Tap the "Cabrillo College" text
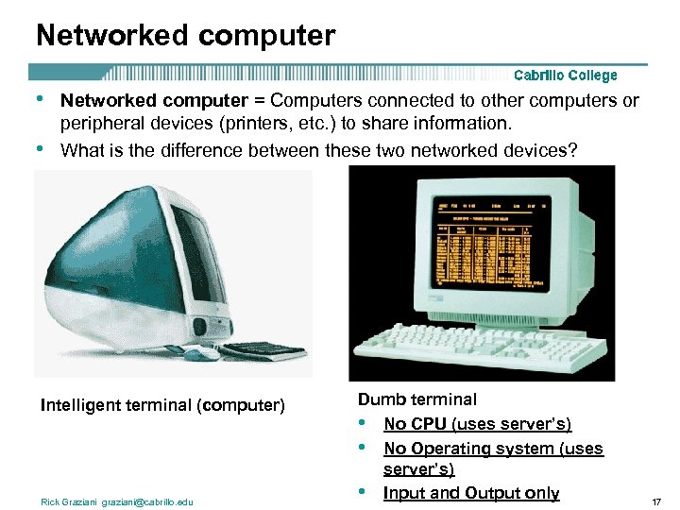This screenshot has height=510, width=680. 565,76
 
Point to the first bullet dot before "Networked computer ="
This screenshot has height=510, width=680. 39,98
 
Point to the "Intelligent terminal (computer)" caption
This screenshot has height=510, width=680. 162,405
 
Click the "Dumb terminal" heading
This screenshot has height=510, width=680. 416,399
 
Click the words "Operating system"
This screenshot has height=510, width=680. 483,449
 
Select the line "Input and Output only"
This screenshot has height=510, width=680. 471,493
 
